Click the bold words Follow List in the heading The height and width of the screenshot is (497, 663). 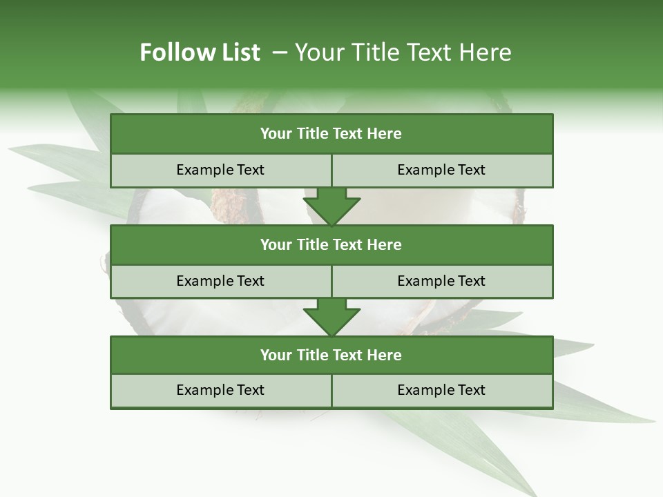(200, 52)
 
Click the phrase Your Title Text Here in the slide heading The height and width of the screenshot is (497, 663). (403, 52)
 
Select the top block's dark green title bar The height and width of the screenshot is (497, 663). (331, 134)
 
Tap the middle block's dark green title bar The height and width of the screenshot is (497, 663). (331, 244)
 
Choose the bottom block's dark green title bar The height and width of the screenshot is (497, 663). (331, 355)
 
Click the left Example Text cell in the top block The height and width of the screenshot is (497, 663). (220, 170)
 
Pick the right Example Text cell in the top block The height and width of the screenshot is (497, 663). (441, 170)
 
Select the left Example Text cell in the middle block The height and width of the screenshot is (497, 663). (220, 281)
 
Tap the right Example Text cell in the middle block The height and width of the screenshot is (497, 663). (441, 281)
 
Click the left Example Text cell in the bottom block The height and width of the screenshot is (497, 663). (220, 390)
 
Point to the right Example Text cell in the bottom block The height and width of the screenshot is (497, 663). (441, 390)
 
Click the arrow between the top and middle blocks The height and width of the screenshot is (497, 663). (331, 206)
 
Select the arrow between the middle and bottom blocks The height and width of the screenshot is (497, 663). (331, 317)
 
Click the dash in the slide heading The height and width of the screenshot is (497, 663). (280, 52)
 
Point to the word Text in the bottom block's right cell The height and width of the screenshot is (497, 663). (471, 390)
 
